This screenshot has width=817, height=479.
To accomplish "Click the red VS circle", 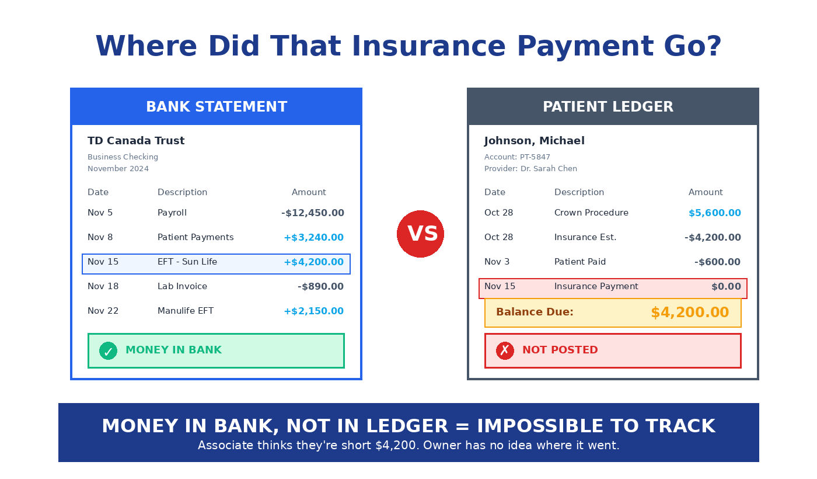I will (x=420, y=234).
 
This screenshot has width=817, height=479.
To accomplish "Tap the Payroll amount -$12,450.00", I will (x=313, y=213).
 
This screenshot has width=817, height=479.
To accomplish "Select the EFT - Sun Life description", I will (x=187, y=262).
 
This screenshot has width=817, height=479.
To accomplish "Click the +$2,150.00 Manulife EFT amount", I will (x=313, y=311).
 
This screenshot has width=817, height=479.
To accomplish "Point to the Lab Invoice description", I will (x=182, y=287).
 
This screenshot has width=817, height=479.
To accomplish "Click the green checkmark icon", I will (x=108, y=350).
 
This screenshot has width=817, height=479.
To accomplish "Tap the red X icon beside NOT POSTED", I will (x=505, y=350).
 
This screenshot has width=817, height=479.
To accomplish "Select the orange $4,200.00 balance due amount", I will (x=690, y=313).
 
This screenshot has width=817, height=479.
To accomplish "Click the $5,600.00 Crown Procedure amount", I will (x=714, y=213).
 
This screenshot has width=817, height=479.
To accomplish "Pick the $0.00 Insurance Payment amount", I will (x=726, y=287).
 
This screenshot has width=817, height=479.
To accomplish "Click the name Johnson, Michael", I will (x=534, y=141).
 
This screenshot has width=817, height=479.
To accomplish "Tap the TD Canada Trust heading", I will (x=136, y=141).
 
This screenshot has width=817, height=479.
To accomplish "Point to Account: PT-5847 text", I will (x=517, y=157).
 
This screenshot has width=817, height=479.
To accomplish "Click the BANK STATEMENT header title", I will (x=217, y=107).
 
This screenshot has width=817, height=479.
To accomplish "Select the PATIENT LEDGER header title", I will (x=608, y=107).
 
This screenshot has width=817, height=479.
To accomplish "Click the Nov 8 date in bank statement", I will (x=100, y=238).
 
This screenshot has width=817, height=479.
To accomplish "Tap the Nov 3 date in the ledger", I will (x=497, y=262).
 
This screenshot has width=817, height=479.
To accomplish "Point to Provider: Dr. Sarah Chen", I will (x=530, y=169).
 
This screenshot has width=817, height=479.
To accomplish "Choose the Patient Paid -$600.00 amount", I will (x=717, y=262).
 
